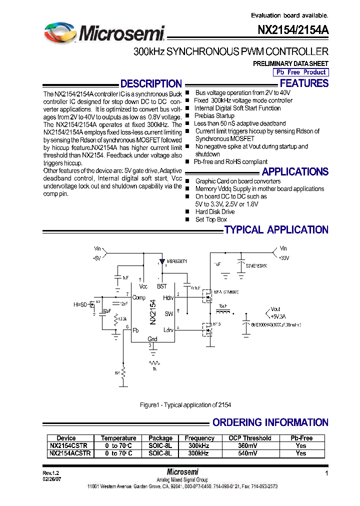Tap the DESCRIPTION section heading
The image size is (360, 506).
pos(151,83)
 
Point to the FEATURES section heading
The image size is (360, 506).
pos(304,83)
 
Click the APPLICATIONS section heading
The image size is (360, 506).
pos(295,171)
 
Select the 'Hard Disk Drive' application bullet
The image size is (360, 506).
pos(215,211)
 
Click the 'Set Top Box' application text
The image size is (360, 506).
pos(211,219)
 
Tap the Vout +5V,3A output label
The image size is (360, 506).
pos(279,312)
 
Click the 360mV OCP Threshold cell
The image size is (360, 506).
pos(249,445)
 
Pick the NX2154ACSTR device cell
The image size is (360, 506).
pos(69,453)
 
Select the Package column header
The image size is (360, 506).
pos(160,438)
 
